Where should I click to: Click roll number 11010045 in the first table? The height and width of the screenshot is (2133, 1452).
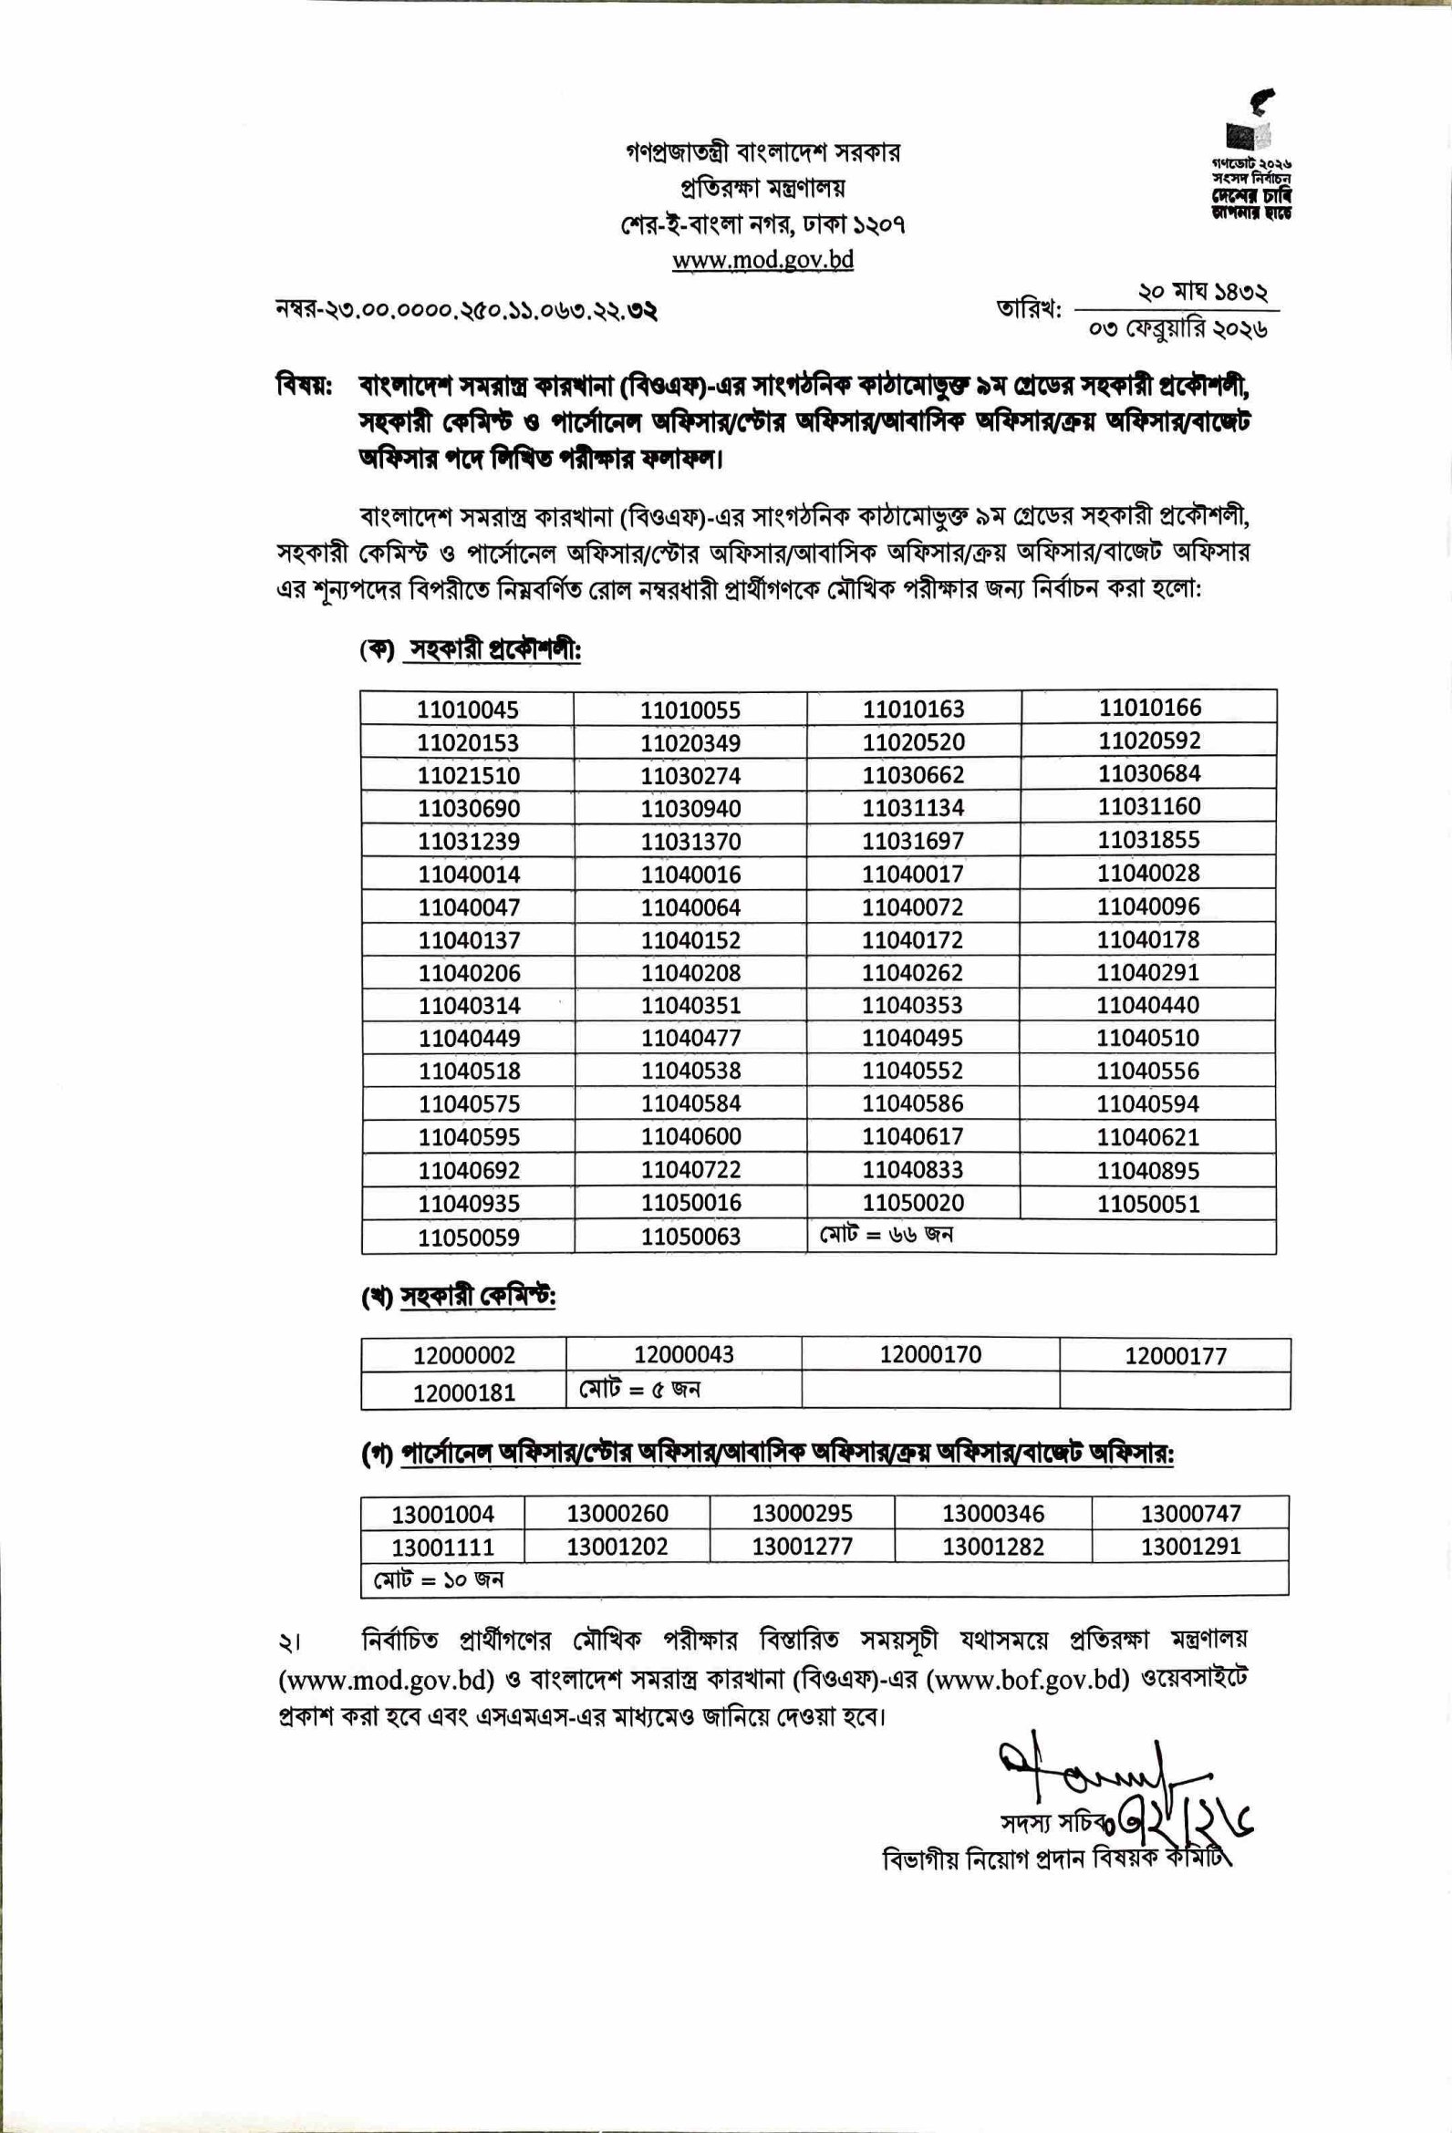coord(468,709)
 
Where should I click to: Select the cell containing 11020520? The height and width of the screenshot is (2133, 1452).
coord(913,741)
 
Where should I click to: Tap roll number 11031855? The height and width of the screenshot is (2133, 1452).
coord(1149,840)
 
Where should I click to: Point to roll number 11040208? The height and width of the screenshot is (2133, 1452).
coord(691,973)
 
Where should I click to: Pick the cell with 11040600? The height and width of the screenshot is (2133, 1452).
coord(691,1136)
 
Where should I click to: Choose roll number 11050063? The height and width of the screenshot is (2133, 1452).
coord(691,1237)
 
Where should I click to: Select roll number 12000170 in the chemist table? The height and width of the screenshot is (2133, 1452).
coord(930,1355)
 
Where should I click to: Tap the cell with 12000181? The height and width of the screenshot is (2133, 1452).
coord(464,1393)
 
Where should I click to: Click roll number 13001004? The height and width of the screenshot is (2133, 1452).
coord(443,1514)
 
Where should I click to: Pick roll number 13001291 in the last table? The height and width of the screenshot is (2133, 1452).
coord(1190,1547)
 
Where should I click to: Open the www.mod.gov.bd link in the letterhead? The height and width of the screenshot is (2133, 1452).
coord(762,261)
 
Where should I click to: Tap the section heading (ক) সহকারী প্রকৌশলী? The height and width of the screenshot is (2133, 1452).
coord(471,651)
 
